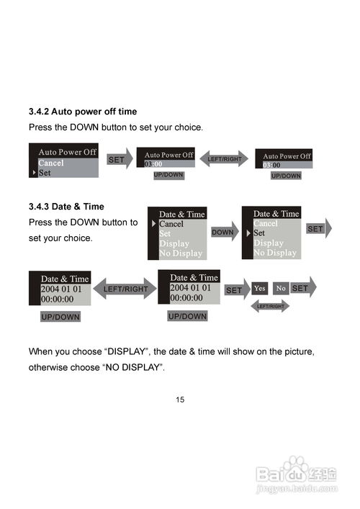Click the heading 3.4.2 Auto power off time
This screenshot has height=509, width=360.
pos(83,112)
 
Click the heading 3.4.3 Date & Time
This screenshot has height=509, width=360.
pos(66,207)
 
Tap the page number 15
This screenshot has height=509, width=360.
pos(180,400)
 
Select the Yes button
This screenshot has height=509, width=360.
pos(260,288)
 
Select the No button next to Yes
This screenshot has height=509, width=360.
pos(281,288)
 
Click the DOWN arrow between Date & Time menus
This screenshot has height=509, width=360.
pos(225,232)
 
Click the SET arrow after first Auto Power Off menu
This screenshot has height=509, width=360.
pos(120,159)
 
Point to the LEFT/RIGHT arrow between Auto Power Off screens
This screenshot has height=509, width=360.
pos(224,158)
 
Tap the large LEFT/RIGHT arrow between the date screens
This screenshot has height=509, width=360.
pos(125,289)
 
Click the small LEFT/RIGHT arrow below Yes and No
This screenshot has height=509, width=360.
pos(271,306)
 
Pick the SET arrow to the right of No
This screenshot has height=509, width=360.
pos(303,287)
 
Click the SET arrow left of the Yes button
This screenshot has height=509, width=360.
pos(238,289)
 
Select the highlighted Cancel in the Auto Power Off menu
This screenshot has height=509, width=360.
pos(51,163)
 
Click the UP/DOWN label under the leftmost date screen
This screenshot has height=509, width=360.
pos(60,317)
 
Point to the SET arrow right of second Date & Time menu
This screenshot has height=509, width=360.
pos(319,228)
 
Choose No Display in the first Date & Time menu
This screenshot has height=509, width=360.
pos(181,253)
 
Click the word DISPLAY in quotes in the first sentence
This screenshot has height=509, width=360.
pos(126,351)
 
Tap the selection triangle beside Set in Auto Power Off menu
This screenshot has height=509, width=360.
pos(34,172)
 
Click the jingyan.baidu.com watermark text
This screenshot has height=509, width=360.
pos(297,488)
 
